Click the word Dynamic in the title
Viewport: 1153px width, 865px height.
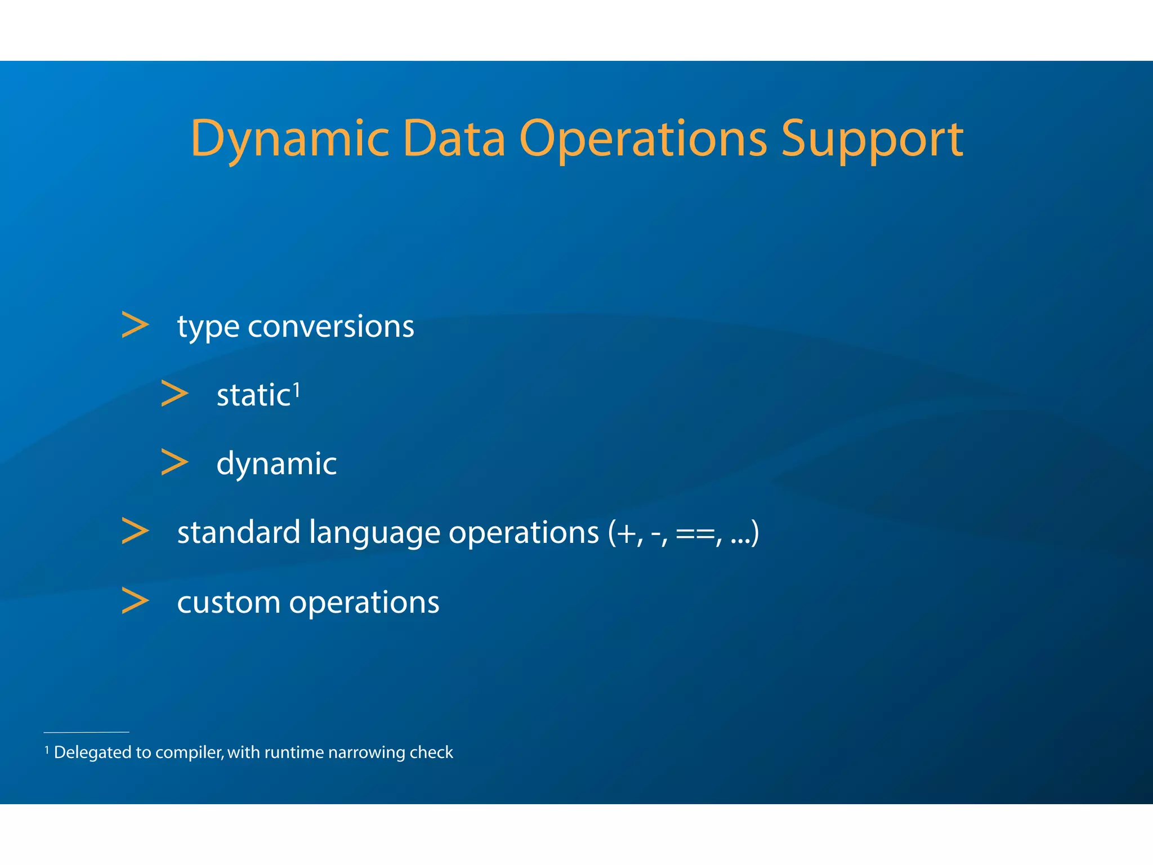pyautogui.click(x=289, y=139)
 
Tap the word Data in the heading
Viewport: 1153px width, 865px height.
pyautogui.click(x=454, y=139)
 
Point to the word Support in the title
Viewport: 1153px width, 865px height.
pyautogui.click(x=872, y=139)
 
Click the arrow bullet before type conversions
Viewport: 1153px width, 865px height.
pyautogui.click(x=135, y=326)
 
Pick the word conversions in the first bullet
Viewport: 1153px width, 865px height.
pyautogui.click(x=330, y=327)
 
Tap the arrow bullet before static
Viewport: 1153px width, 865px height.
pyautogui.click(x=175, y=394)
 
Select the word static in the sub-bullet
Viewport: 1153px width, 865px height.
pyautogui.click(x=253, y=395)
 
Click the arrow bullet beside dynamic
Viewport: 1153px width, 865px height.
pyautogui.click(x=175, y=462)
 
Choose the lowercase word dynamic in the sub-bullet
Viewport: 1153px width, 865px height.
pyautogui.click(x=276, y=464)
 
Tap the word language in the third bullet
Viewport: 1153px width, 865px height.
pyautogui.click(x=374, y=533)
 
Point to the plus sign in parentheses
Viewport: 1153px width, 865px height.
pyautogui.click(x=627, y=533)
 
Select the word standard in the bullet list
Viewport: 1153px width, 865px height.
pyautogui.click(x=239, y=533)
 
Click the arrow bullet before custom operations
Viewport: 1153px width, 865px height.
pyautogui.click(x=135, y=601)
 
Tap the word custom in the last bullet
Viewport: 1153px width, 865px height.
pyautogui.click(x=229, y=603)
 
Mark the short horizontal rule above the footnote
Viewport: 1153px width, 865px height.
pyautogui.click(x=86, y=732)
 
